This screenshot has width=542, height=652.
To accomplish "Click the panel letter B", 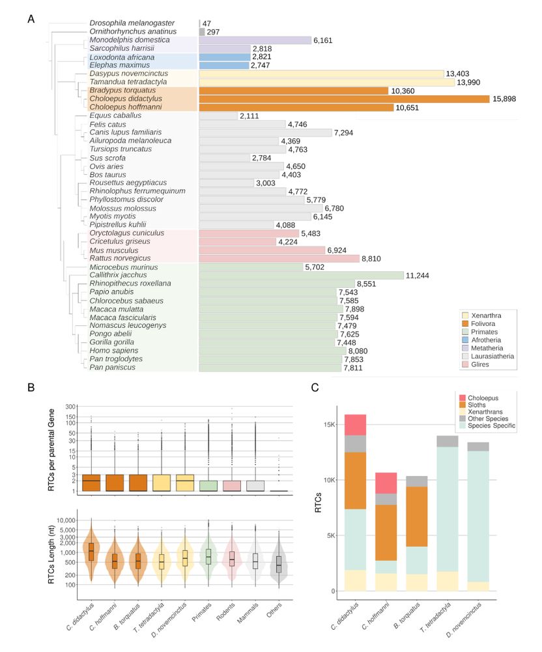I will point(31,387).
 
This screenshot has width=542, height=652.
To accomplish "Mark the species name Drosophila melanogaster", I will point(130,23).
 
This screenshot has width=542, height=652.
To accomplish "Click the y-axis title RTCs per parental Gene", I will point(54,448).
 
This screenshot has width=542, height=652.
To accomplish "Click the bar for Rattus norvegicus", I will point(278,258).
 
